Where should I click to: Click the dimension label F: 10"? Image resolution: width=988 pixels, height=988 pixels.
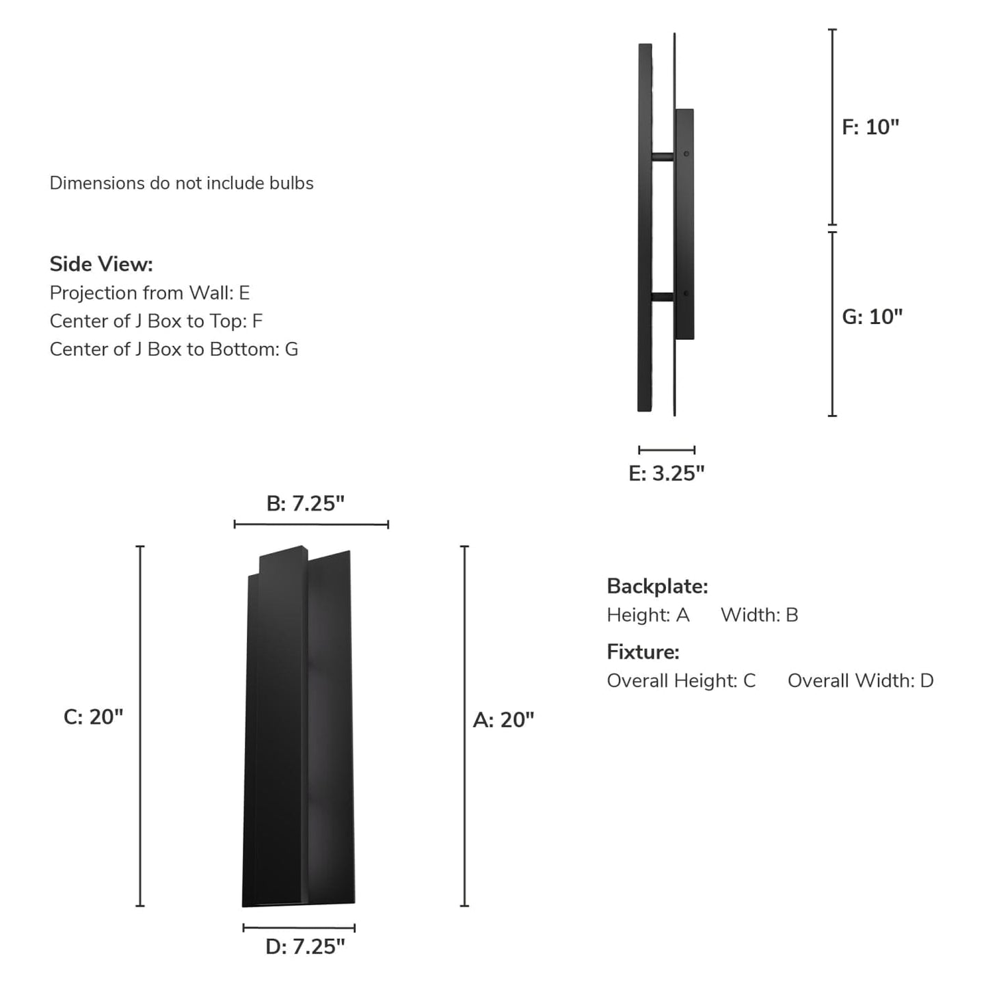click(x=870, y=127)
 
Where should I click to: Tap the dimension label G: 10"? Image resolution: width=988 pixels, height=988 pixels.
click(x=872, y=317)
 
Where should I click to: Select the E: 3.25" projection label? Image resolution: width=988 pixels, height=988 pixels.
click(x=666, y=473)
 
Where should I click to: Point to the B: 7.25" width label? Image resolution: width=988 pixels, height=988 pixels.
click(x=305, y=503)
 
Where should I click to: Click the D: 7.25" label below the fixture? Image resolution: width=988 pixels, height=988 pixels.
click(x=305, y=946)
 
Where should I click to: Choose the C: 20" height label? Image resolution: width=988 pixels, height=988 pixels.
click(x=93, y=717)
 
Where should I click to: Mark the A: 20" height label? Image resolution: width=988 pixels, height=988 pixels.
click(x=503, y=719)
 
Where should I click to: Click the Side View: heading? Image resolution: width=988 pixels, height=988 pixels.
click(x=101, y=264)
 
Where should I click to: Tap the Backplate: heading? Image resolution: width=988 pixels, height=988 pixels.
click(x=657, y=586)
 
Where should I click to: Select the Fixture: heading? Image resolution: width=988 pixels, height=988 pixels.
click(x=643, y=652)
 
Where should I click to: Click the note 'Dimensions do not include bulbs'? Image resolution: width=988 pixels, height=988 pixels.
click(x=181, y=183)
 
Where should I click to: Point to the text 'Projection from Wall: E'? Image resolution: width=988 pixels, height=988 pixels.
click(x=150, y=293)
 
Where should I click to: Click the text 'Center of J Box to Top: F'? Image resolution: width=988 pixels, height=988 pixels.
click(x=156, y=321)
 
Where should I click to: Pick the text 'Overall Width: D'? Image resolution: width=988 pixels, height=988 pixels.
click(x=860, y=680)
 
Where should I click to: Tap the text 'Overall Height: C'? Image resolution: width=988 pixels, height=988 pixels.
click(x=681, y=680)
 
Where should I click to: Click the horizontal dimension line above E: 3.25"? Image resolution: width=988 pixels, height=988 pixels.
click(x=667, y=450)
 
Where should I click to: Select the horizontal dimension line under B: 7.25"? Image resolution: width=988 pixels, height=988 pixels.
click(x=311, y=524)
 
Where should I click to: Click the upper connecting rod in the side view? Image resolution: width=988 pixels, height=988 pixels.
click(x=663, y=157)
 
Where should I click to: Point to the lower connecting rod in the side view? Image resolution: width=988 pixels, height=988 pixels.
click(x=663, y=297)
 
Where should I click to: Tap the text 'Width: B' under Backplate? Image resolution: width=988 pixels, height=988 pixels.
click(x=759, y=615)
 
